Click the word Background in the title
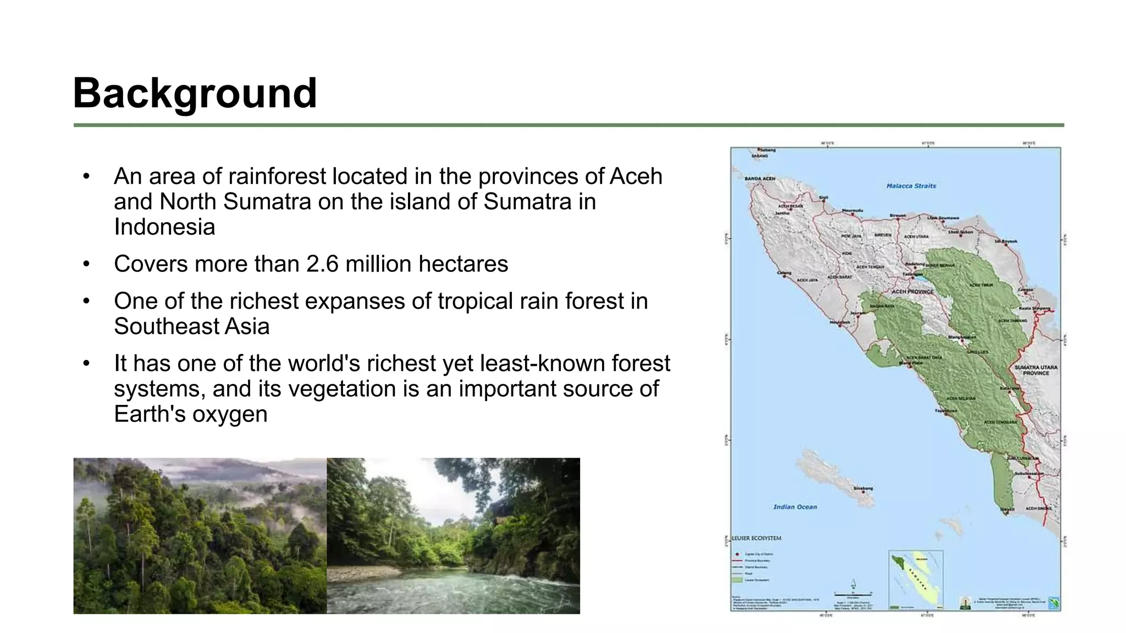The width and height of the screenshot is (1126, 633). pos(195,93)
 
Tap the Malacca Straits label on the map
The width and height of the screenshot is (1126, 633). pos(911,186)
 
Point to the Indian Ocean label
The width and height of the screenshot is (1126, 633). pos(795,507)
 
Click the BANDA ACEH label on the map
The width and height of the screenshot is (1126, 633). pos(760,179)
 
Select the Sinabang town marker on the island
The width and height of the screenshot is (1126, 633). pos(863,492)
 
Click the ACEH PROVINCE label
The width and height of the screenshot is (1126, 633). pos(913,291)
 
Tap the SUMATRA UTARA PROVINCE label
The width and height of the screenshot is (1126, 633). pos(1036,370)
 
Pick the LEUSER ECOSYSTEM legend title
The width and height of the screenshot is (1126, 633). pos(757,538)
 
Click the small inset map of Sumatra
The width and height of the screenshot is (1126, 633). pos(915,579)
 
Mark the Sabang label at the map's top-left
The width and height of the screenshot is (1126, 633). pos(766,150)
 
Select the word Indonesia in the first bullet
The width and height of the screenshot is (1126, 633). pos(164,227)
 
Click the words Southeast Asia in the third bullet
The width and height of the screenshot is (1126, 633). pos(191,327)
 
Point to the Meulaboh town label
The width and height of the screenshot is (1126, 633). pos(839,322)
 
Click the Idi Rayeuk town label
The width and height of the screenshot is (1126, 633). pos(1006,241)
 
